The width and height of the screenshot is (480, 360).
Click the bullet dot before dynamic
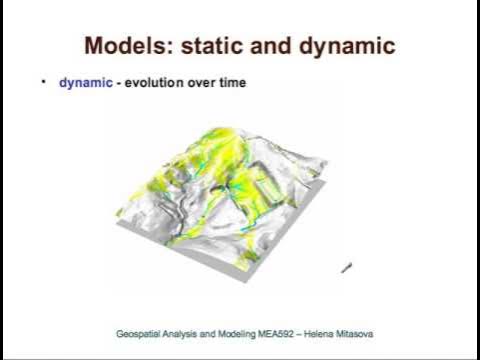tap(43, 82)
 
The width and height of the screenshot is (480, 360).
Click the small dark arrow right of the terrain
tap(347, 267)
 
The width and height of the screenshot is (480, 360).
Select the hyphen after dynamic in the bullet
tap(115, 83)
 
